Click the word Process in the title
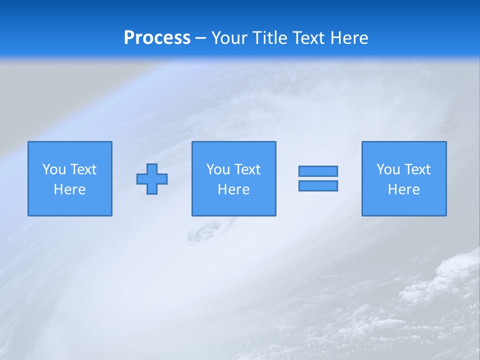[157, 38]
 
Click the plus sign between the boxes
[152, 179]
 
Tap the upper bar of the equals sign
[318, 171]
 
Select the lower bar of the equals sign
[318, 186]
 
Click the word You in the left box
[54, 169]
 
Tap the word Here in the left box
[70, 189]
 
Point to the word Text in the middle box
[247, 169]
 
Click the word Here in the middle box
[233, 189]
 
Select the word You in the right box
[388, 169]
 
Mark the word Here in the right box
[404, 189]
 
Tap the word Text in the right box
[417, 169]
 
